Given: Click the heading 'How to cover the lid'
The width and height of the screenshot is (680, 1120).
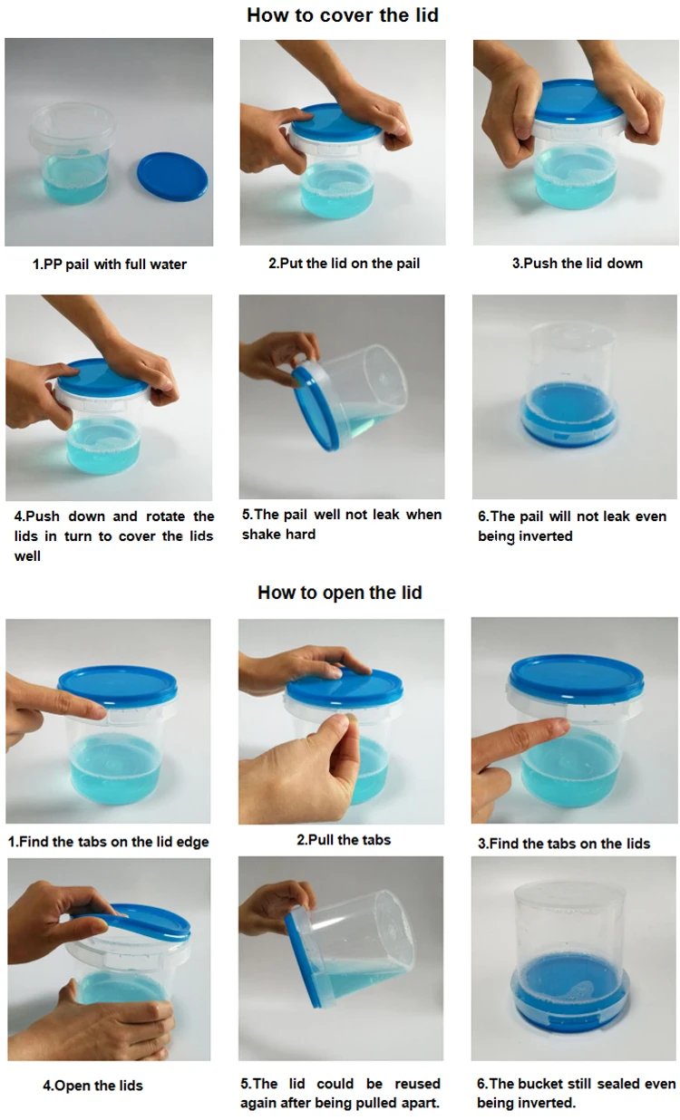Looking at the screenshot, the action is tap(342, 15).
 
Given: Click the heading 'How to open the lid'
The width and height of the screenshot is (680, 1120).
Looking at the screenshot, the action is tap(340, 593).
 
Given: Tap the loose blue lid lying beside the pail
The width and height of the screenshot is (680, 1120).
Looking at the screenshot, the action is tap(172, 177).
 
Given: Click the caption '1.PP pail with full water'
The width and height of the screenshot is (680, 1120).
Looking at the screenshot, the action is tap(110, 264).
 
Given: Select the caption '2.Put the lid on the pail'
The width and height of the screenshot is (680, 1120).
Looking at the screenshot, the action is tap(344, 263).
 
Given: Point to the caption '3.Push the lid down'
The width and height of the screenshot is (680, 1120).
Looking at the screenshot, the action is tap(577, 263).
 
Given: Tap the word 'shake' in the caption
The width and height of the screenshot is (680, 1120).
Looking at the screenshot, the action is tap(260, 534).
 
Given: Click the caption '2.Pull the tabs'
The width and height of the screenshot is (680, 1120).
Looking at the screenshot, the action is tap(344, 839).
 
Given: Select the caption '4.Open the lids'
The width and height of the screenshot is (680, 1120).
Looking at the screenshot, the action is tap(92, 1086).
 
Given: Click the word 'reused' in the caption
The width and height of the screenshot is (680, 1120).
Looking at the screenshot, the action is tap(417, 1084).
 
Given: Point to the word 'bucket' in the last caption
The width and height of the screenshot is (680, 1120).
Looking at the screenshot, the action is tap(539, 1084).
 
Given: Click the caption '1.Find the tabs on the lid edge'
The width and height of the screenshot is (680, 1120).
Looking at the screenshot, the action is tap(108, 842).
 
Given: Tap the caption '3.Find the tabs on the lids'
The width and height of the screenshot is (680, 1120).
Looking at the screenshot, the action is tap(563, 844).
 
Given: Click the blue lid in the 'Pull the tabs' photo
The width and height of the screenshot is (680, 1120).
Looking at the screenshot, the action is tap(345, 684).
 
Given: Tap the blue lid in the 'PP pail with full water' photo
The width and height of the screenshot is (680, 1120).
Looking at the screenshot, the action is tap(172, 177).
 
